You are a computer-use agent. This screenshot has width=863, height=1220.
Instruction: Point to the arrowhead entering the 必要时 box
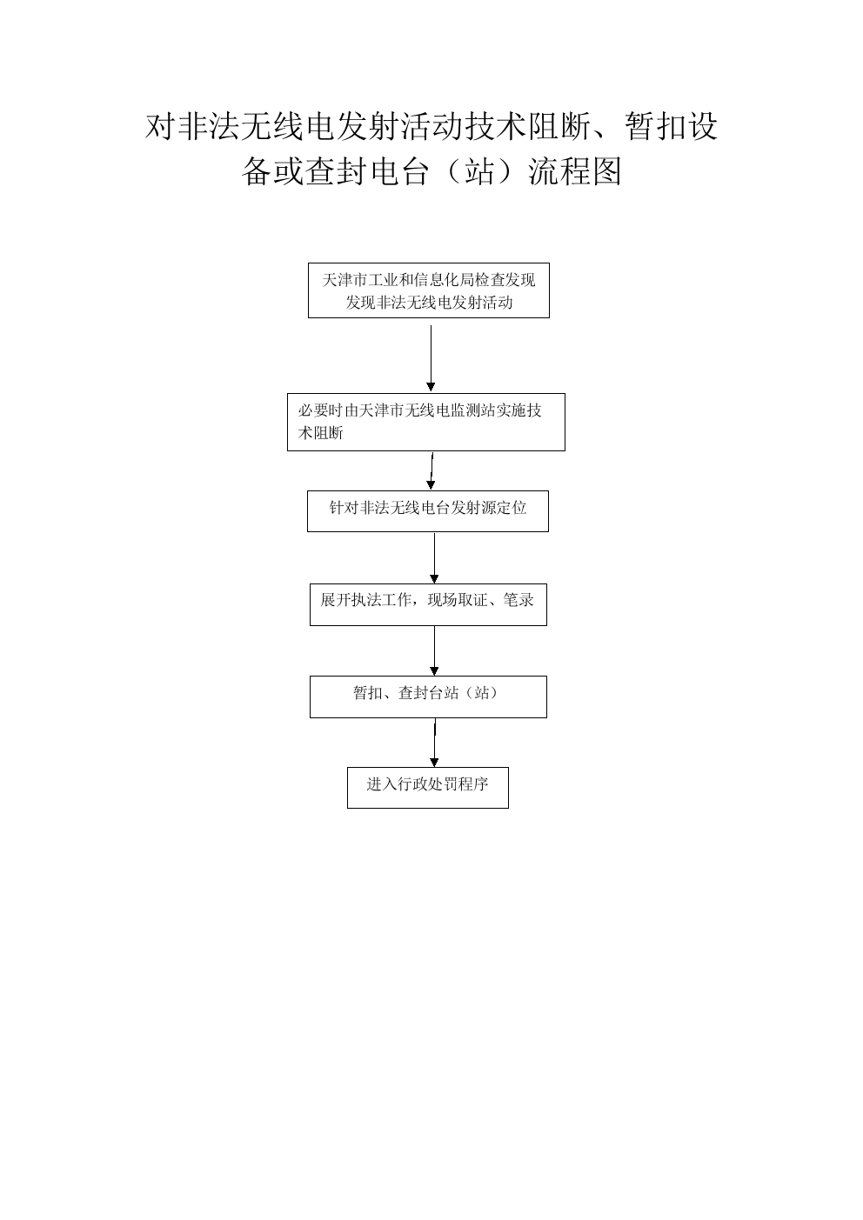[x=431, y=387]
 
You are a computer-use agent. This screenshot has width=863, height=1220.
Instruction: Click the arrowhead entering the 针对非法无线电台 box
[x=431, y=484]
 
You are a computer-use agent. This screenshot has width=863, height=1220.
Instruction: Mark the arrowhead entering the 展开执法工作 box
[x=434, y=578]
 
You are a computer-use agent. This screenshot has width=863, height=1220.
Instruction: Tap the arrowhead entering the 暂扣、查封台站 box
[x=434, y=670]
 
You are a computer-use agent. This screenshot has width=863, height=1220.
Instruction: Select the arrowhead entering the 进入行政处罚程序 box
[x=434, y=762]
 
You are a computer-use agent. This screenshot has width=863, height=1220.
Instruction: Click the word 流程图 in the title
[x=575, y=171]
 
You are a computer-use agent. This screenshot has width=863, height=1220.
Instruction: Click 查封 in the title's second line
[x=337, y=171]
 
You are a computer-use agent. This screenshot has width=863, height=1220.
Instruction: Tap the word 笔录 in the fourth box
[x=518, y=600]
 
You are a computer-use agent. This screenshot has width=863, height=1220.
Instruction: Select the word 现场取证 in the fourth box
[x=457, y=600]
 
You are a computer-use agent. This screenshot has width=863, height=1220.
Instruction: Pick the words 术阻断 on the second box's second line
[x=320, y=433]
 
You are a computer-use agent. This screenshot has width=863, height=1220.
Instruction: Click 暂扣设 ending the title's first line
[x=671, y=126]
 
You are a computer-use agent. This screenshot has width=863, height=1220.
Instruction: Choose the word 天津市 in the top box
[x=345, y=280]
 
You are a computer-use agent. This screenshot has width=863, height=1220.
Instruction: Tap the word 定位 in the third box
[x=511, y=507]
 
